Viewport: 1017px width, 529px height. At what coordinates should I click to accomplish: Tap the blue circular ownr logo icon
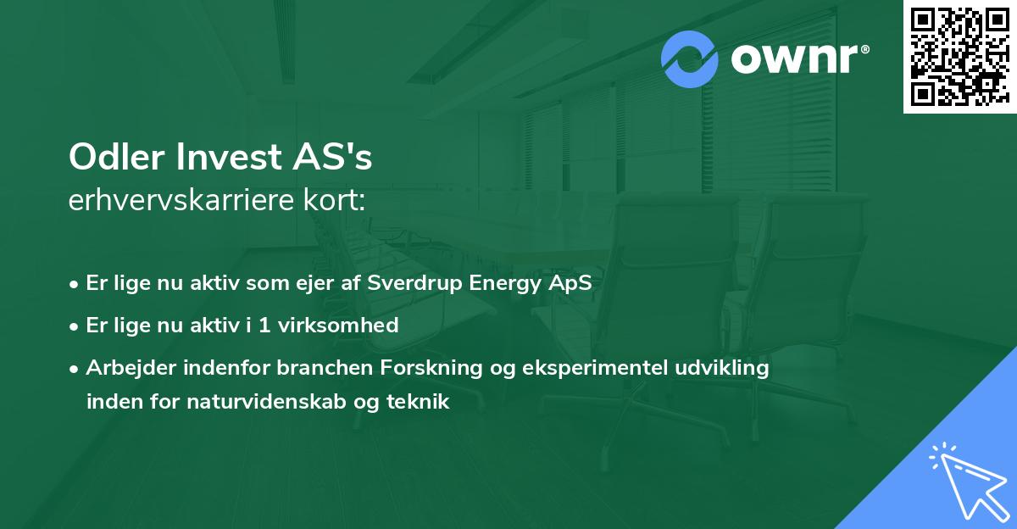(x=690, y=59)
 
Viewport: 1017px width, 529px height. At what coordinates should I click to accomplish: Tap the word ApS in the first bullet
(x=568, y=284)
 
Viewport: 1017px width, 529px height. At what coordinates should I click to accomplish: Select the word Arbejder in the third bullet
(x=125, y=369)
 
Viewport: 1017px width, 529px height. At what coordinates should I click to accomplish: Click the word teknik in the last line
(x=419, y=403)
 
